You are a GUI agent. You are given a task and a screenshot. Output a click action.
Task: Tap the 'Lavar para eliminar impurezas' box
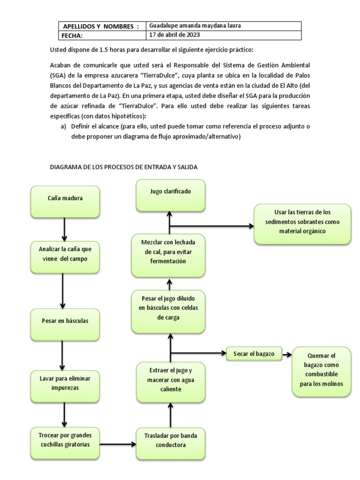pyautogui.click(x=65, y=382)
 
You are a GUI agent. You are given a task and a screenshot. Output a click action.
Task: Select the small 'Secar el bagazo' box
pyautogui.click(x=254, y=353)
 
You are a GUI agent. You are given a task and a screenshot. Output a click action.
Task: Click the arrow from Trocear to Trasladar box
pyautogui.click(x=117, y=443)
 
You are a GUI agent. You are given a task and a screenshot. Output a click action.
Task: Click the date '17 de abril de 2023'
pyautogui.click(x=173, y=35)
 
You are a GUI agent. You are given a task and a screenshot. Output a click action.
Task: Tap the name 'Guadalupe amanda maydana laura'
pyautogui.click(x=195, y=26)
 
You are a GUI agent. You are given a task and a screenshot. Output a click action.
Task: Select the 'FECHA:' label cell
pyautogui.click(x=101, y=36)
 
